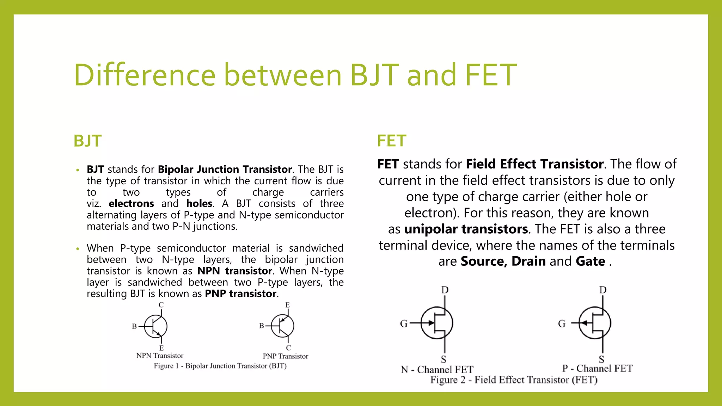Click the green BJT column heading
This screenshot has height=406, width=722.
(87, 141)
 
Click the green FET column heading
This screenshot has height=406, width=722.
(391, 141)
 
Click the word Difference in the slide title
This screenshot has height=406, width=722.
(145, 75)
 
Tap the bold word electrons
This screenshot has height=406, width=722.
(131, 204)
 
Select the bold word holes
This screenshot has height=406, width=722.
(199, 204)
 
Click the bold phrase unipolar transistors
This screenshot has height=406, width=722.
(466, 229)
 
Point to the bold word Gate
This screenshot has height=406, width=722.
(590, 262)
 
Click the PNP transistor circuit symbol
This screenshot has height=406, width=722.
(282, 326)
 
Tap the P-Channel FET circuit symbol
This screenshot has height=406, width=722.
(595, 323)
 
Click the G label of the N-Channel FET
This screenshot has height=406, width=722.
(404, 324)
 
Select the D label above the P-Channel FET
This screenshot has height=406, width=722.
(603, 290)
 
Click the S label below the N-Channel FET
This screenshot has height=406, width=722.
(443, 359)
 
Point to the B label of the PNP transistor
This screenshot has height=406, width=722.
(262, 326)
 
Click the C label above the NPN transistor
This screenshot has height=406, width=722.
(161, 305)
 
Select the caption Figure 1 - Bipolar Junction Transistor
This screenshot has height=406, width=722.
(220, 366)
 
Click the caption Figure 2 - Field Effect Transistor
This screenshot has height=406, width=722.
(514, 380)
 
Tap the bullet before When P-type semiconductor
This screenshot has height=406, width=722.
(78, 249)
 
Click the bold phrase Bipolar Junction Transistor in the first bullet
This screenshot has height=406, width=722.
(225, 170)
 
